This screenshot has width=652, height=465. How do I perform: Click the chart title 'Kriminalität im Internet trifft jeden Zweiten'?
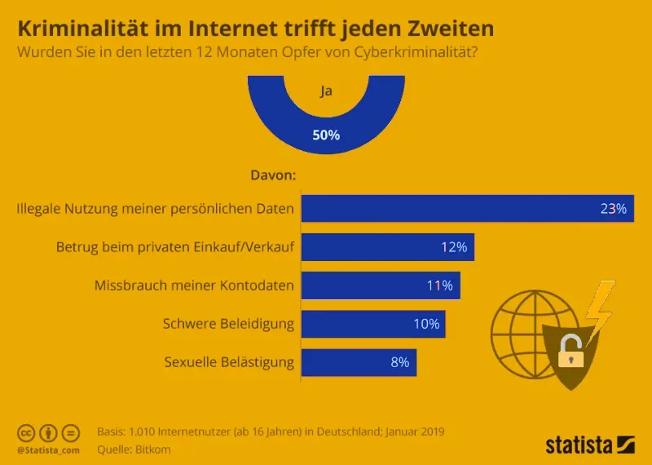[256, 29]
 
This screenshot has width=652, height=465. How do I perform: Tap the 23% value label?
[613, 209]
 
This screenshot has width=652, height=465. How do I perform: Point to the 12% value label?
[453, 247]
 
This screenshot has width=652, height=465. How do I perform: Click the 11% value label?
[439, 286]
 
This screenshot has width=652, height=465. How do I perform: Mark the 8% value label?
[399, 362]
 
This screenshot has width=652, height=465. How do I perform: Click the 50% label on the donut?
[326, 135]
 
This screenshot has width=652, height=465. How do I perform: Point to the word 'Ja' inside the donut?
[326, 91]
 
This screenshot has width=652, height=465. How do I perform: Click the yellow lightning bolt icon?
[601, 308]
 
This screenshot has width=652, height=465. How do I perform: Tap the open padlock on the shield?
[570, 352]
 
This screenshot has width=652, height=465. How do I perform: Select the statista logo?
[589, 445]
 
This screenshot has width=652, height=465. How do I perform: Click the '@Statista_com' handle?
[47, 449]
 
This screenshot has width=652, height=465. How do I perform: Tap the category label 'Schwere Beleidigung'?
[228, 324]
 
